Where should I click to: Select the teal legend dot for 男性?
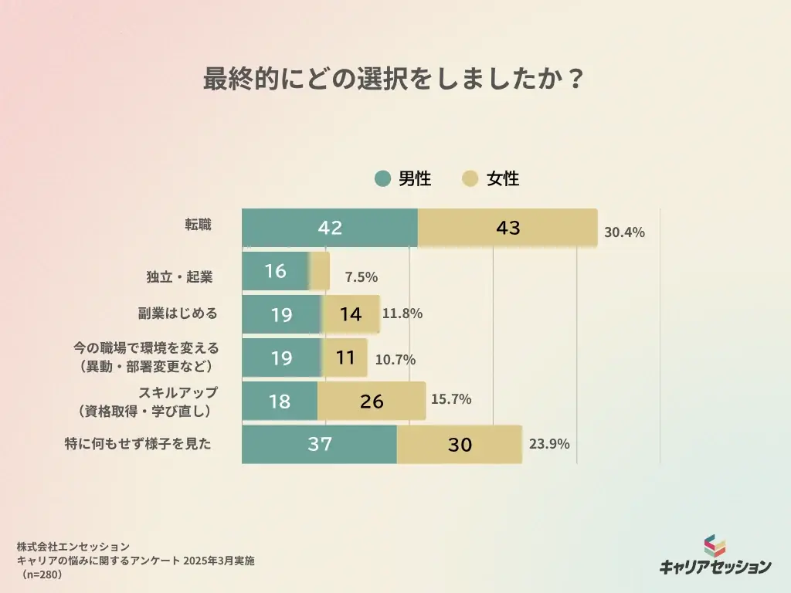click(x=383, y=179)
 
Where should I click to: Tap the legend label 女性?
click(x=503, y=179)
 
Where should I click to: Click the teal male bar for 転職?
click(x=330, y=228)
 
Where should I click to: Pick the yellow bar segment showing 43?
click(x=508, y=228)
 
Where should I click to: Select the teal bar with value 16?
click(x=275, y=271)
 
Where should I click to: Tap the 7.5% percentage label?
click(x=361, y=276)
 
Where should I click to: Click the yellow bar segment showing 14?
click(x=351, y=314)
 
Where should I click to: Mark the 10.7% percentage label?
click(x=395, y=359)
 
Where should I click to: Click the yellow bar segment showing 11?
click(x=345, y=357)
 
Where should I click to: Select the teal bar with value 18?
click(x=280, y=401)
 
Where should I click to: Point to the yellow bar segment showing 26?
click(x=371, y=401)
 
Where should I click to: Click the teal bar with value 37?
click(x=319, y=444)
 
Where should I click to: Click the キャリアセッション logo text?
click(x=715, y=566)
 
